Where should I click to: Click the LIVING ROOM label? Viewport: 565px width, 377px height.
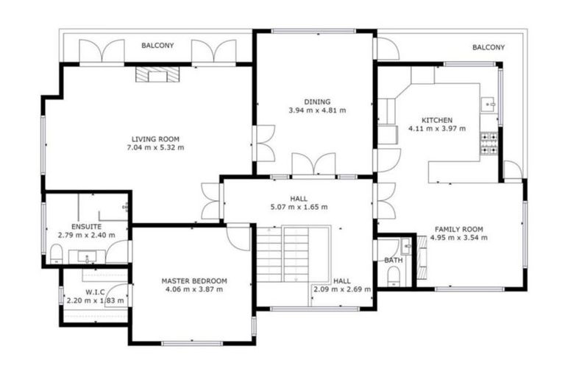(x=155, y=139)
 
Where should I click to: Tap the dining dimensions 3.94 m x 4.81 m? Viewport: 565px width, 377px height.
(x=317, y=110)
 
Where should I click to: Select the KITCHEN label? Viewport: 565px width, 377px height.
(x=436, y=120)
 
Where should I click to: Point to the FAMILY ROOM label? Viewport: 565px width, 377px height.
(x=458, y=229)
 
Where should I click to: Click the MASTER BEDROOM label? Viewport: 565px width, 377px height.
(x=194, y=281)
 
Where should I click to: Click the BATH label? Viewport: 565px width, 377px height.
(x=393, y=261)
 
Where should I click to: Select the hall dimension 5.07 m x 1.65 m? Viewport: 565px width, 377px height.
(x=299, y=207)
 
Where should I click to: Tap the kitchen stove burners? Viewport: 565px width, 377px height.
(x=488, y=144)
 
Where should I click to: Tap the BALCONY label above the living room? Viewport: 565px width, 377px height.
(x=158, y=46)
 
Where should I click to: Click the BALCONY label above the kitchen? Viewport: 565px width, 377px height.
(x=488, y=47)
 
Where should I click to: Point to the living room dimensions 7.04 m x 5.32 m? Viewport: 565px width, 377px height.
(x=155, y=147)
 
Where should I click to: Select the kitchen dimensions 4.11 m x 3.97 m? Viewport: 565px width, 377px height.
(x=437, y=129)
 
